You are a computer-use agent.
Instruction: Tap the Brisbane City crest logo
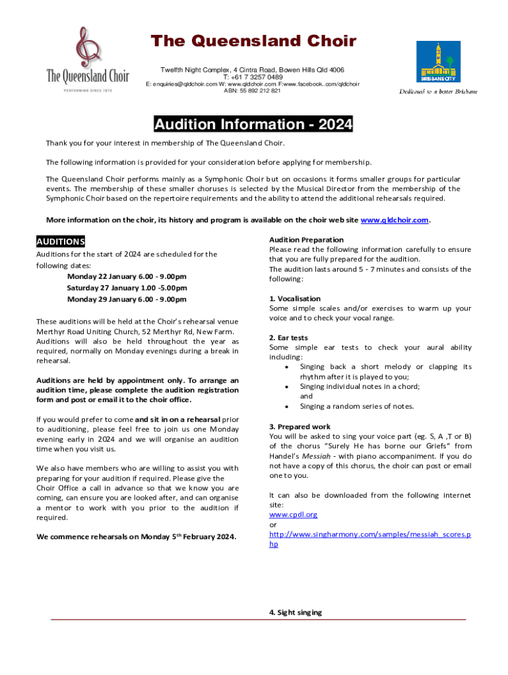(x=438, y=63)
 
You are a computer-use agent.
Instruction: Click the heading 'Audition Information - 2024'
(x=253, y=125)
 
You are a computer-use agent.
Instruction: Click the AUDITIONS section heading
(x=61, y=242)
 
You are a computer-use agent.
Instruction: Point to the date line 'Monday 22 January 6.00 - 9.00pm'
(x=127, y=277)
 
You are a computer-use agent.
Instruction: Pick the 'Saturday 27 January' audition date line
(x=127, y=288)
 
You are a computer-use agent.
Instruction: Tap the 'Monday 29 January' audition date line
(x=127, y=299)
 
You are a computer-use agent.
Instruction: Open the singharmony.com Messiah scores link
(x=369, y=535)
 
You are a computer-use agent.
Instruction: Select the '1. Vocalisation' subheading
(x=295, y=299)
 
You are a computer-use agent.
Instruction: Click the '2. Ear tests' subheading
(x=288, y=338)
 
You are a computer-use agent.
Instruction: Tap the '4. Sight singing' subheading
(x=296, y=612)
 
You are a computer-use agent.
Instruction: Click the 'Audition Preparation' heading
(x=306, y=240)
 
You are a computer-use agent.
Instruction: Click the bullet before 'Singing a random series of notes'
(x=285, y=407)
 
